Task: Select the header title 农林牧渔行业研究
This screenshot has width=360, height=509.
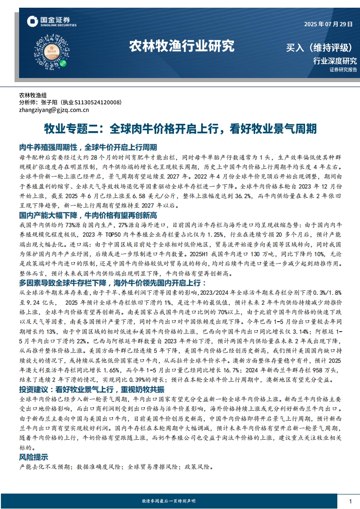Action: [182, 46]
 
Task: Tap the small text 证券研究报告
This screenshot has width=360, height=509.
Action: [343, 70]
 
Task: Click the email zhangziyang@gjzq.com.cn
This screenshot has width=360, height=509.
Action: [54, 110]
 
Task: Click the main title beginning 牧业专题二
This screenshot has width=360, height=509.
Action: [180, 129]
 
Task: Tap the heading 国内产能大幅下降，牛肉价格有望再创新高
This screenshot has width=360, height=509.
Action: [89, 215]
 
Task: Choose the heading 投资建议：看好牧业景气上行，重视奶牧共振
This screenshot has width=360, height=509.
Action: [92, 377]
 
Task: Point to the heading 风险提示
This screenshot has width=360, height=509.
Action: [34, 457]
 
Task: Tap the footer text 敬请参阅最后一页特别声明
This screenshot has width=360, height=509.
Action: [169, 501]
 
